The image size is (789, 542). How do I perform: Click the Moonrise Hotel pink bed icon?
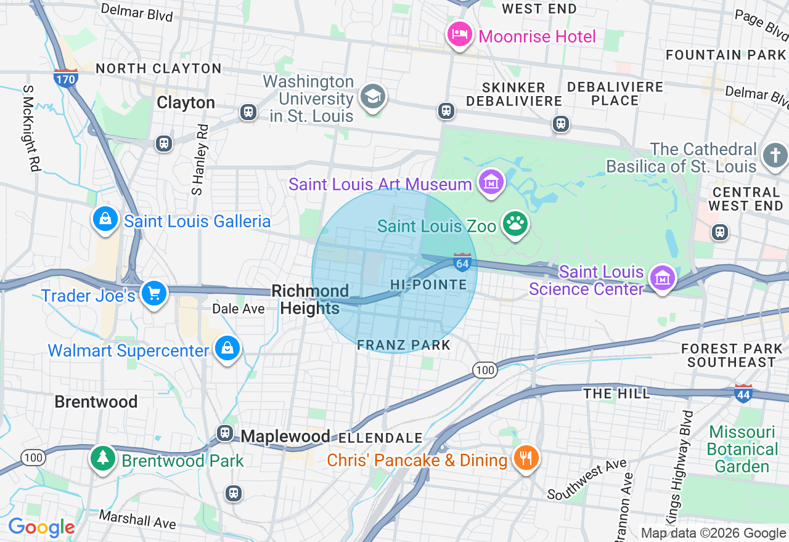[x=459, y=34]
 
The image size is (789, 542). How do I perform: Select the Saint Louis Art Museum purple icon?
[x=491, y=182]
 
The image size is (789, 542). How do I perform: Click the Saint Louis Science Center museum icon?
[x=663, y=278]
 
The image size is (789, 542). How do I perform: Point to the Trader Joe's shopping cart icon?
[x=153, y=294]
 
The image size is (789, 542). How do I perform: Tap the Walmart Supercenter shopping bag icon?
[x=227, y=349]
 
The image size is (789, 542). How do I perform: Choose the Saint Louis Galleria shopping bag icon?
[x=105, y=219]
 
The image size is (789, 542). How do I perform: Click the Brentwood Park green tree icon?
[x=103, y=458]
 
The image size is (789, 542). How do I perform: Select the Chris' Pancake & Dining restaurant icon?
[x=526, y=458]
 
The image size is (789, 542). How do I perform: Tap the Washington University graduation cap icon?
[x=373, y=97]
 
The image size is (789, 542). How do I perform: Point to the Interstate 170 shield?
[x=65, y=78]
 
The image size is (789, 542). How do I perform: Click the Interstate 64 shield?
[x=462, y=263]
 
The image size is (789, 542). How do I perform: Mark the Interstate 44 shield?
[x=743, y=394]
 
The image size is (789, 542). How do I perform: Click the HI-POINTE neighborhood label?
[x=428, y=285]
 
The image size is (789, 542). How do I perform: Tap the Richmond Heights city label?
[x=310, y=299]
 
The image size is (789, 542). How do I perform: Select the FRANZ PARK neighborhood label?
[x=404, y=345]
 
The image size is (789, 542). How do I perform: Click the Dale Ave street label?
[x=239, y=309]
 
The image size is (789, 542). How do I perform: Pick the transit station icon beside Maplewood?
[x=225, y=434]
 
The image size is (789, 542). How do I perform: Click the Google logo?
[x=41, y=527]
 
